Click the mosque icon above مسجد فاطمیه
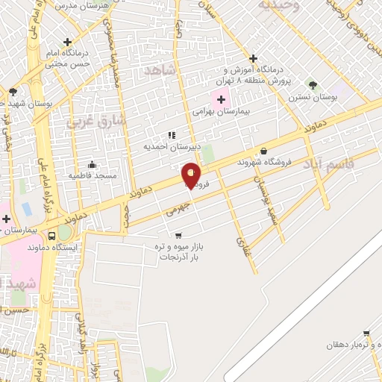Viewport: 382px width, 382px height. [x=93, y=164]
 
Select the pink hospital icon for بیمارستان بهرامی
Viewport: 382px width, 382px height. [x=221, y=99]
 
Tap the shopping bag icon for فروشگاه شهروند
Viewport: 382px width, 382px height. [x=264, y=151]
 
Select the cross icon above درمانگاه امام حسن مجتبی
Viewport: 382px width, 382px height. [x=68, y=42]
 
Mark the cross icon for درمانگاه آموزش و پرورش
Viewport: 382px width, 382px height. [x=253, y=58]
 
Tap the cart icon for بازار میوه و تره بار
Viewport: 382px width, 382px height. [x=178, y=236]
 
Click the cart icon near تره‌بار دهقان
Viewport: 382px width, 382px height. [x=366, y=334]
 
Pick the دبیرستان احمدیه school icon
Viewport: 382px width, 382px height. [x=172, y=135]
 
